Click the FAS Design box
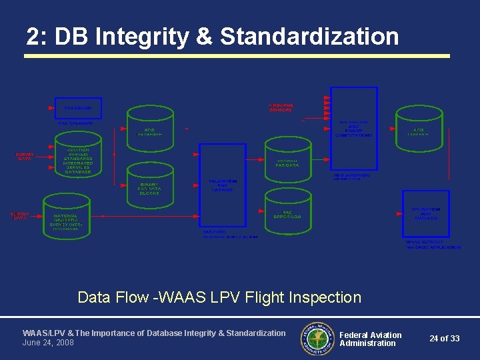pos(78,107)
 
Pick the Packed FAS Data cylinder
pos(287,159)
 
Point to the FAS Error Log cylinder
pos(287,211)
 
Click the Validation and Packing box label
pos(222,185)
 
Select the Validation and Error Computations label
pos(354,129)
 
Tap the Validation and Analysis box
pos(426,213)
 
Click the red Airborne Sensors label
pos(280,107)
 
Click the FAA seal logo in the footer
pos(317,338)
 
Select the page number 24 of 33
pos(444,339)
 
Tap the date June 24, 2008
pos(48,343)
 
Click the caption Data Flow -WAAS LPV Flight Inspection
pos(219,297)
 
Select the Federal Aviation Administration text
pos(371,339)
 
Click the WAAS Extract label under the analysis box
pos(433,245)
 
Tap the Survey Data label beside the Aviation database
pos(25,157)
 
